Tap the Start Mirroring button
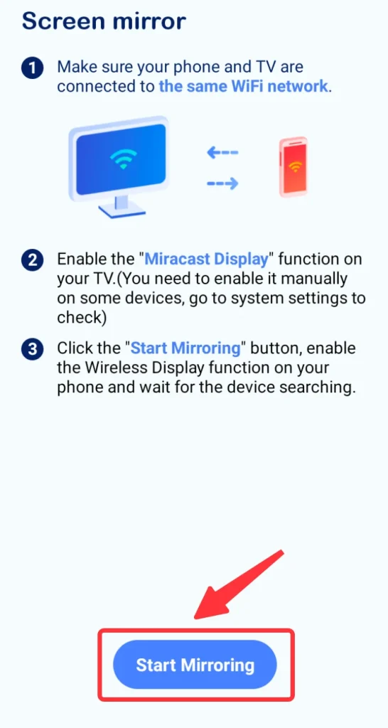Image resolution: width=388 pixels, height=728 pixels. click(195, 665)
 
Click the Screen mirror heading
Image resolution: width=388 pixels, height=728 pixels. click(104, 21)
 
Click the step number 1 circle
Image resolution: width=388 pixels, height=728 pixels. click(32, 69)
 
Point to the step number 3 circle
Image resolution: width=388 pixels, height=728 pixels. click(32, 349)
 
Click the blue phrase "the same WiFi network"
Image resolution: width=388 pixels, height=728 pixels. click(244, 86)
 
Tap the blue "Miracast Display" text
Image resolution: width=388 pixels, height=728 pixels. click(207, 259)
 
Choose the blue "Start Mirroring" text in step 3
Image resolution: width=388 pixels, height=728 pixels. click(185, 348)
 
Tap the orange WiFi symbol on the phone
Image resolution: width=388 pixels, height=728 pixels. click(294, 166)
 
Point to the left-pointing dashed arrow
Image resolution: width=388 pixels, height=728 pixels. click(222, 152)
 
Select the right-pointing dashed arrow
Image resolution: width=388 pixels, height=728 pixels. click(222, 184)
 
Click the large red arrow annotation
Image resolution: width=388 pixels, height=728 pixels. click(238, 587)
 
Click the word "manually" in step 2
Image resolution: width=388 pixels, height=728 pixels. click(313, 279)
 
